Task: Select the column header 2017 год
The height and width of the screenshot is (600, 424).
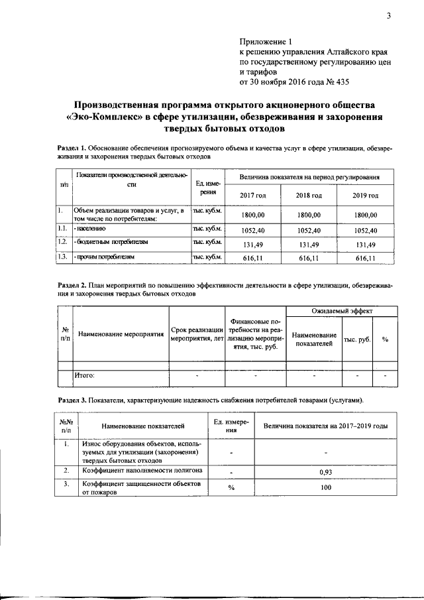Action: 252,196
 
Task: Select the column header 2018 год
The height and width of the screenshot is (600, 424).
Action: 309,196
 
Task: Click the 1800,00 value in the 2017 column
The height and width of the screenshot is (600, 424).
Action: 252,215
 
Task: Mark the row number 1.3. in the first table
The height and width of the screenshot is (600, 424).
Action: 62,257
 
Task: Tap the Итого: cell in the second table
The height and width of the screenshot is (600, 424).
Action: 85,375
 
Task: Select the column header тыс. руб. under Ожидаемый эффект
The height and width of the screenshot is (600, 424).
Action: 356,339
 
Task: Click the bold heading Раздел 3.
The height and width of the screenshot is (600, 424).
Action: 74,400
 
